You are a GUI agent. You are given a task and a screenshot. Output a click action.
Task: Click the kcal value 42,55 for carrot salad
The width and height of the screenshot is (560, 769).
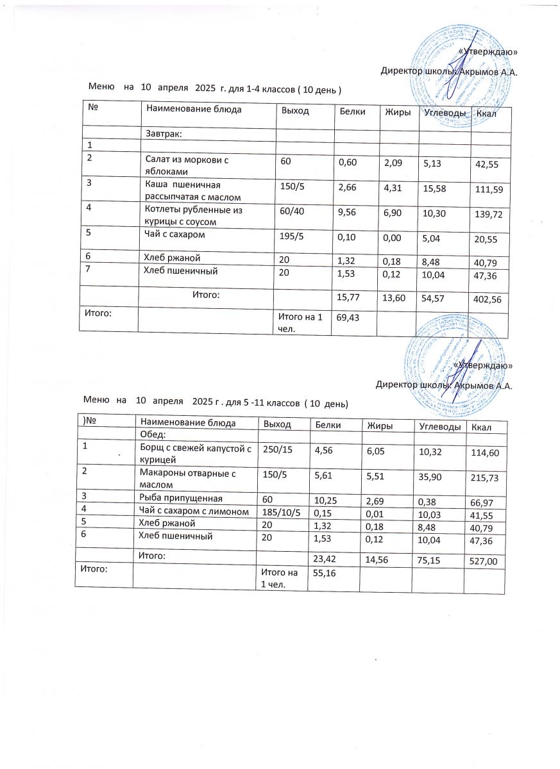pos(487,165)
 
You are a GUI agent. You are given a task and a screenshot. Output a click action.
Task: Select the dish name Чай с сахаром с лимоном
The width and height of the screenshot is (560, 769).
pos(193,510)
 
